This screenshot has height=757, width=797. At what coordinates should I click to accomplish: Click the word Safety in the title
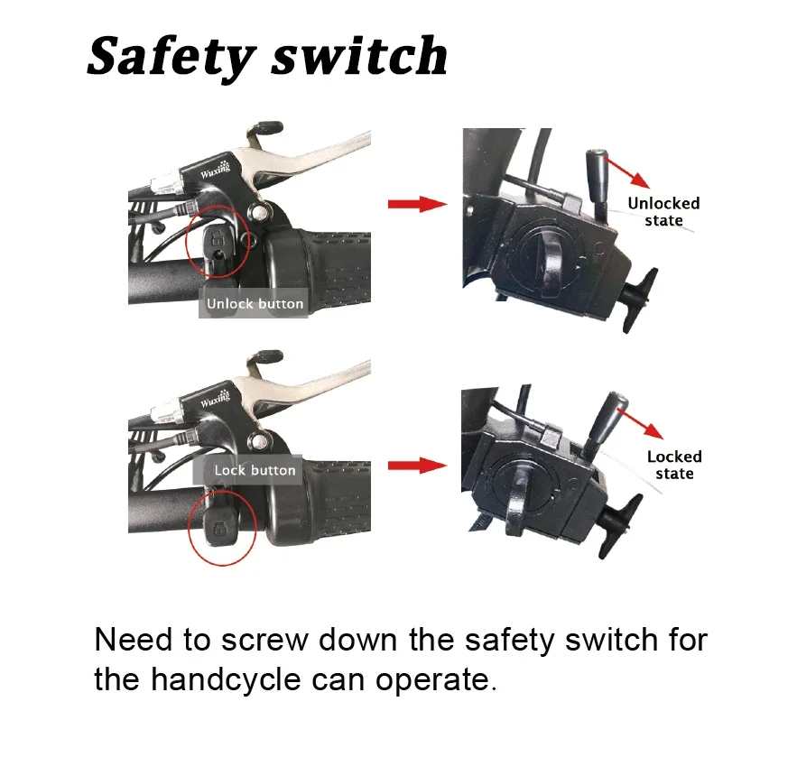click(x=171, y=57)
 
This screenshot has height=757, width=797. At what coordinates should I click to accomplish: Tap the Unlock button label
click(x=255, y=304)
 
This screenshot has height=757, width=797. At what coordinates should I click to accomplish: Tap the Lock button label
click(x=255, y=470)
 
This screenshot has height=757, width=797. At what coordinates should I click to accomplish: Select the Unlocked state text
click(x=663, y=211)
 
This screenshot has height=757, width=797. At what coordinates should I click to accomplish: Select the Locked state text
click(x=674, y=465)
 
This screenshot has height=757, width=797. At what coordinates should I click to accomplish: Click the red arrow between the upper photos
click(x=417, y=204)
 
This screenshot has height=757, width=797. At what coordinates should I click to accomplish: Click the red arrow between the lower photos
click(x=417, y=466)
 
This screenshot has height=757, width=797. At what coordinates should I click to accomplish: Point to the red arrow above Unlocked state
click(x=627, y=172)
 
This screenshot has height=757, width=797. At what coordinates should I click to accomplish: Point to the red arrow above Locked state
click(x=641, y=422)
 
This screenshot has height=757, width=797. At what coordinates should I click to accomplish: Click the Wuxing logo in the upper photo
click(x=215, y=171)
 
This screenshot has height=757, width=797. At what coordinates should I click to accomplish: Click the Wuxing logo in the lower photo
click(x=215, y=397)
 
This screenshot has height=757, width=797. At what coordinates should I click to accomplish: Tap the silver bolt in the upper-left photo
click(x=259, y=211)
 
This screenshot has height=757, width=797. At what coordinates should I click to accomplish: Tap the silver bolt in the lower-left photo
click(x=259, y=441)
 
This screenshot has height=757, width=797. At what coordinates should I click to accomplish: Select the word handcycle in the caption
click(x=227, y=679)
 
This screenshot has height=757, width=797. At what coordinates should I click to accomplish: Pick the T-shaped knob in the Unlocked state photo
click(x=639, y=300)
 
